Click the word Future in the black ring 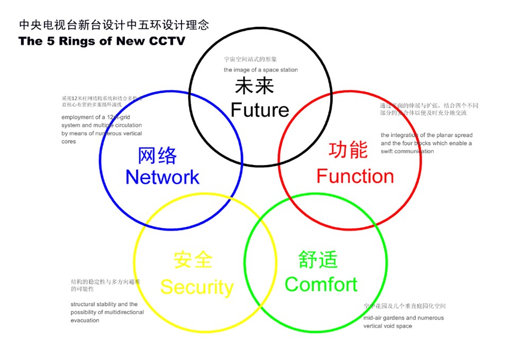(x=260, y=110)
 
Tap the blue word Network (x=162, y=177)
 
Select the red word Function (x=355, y=176)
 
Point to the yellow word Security (x=197, y=287)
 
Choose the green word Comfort (x=321, y=284)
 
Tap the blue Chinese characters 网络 (x=157, y=155)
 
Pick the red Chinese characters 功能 (x=348, y=150)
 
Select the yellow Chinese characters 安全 (x=193, y=260)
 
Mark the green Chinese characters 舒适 (x=317, y=260)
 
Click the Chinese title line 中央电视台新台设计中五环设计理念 (x=114, y=24)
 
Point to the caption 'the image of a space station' (x=260, y=70)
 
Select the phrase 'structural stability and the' (x=104, y=304)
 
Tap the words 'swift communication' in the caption (x=407, y=151)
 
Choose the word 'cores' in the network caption (x=69, y=142)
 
